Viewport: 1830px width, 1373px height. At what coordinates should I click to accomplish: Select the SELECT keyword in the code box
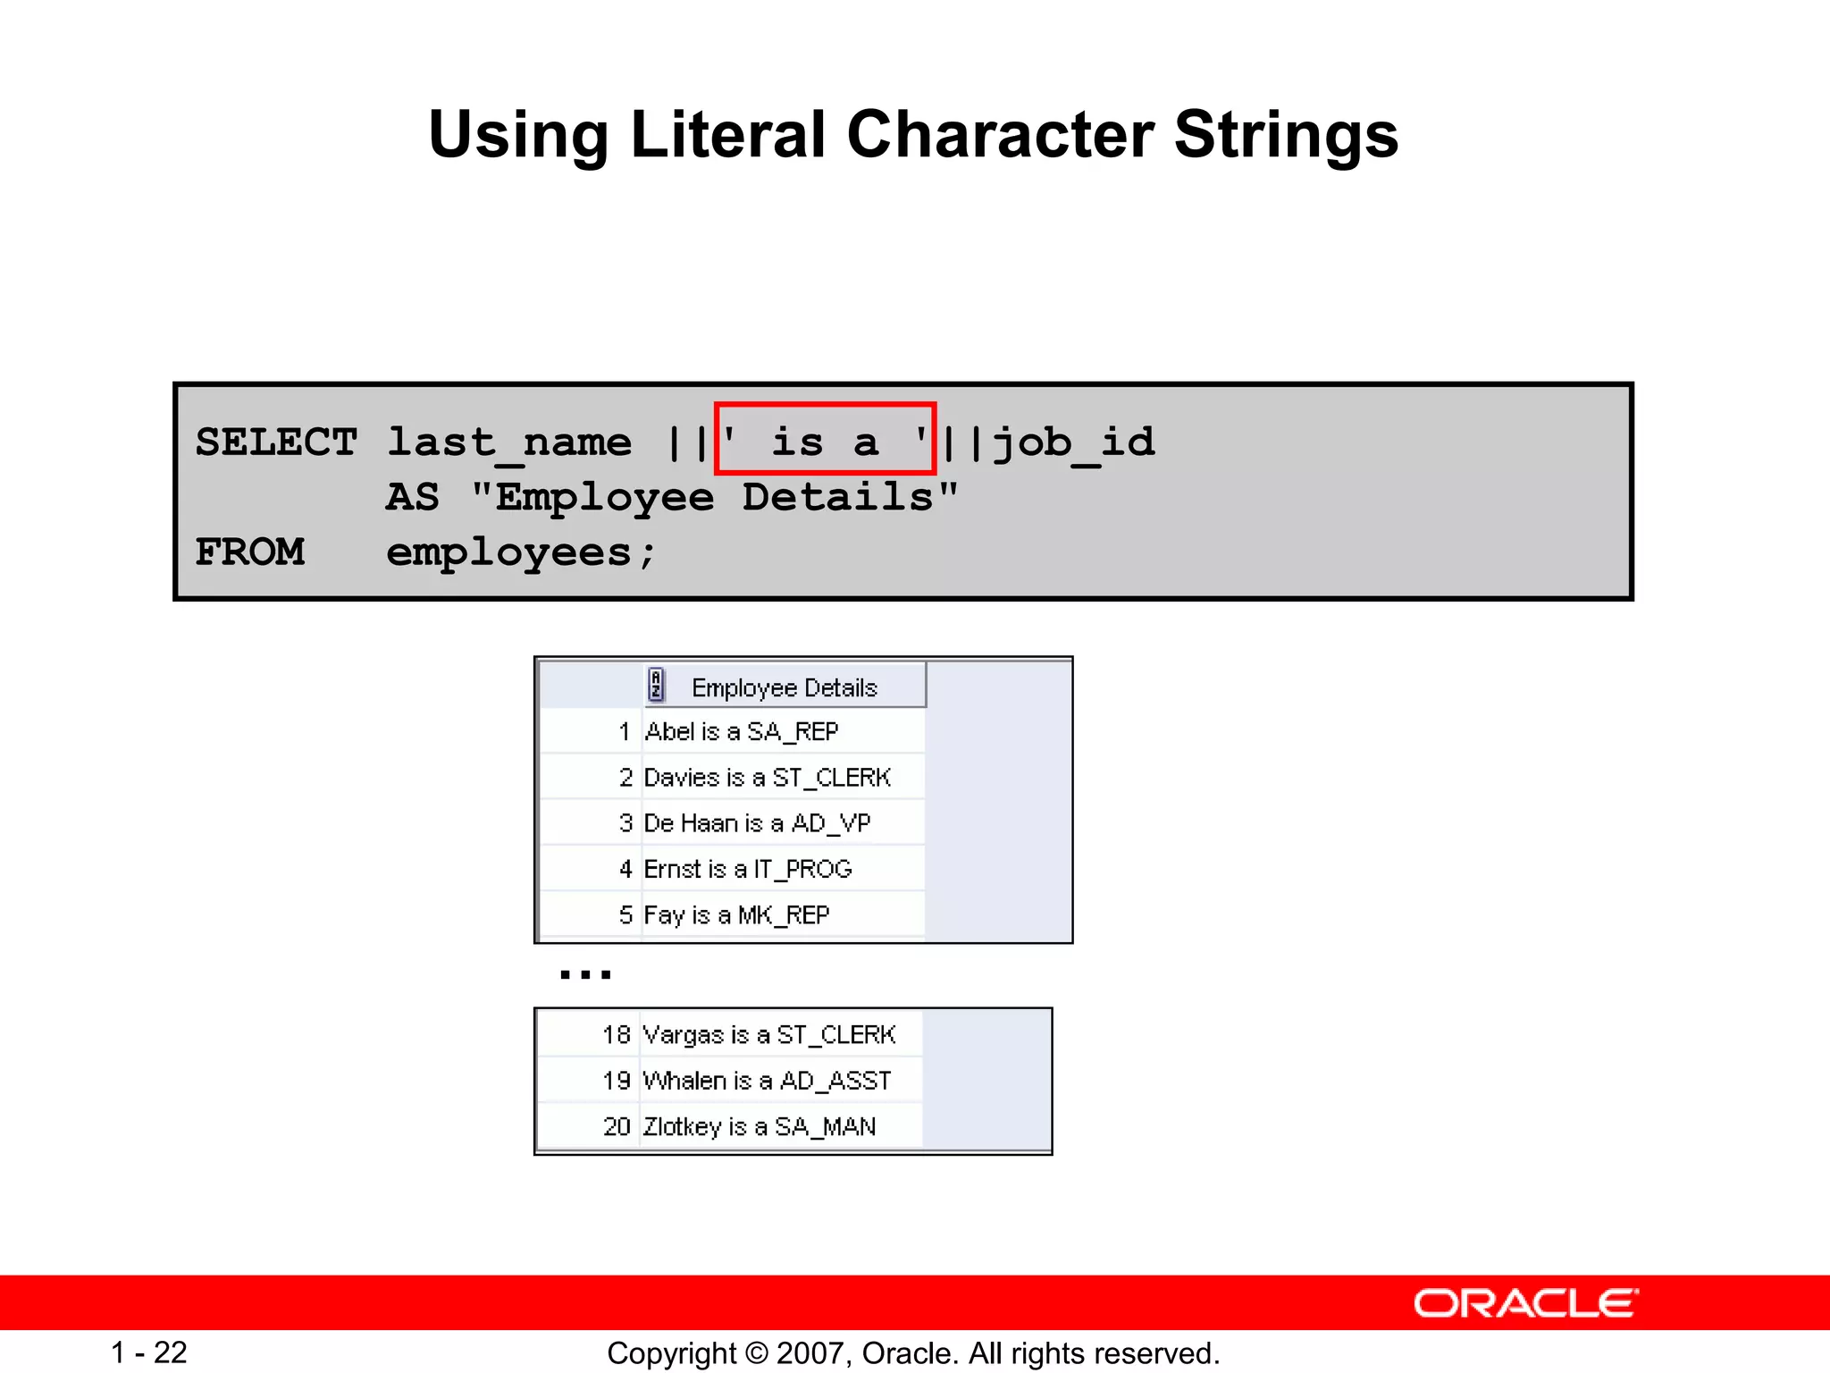pos(276,442)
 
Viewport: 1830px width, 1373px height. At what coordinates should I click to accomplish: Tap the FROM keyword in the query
pos(250,552)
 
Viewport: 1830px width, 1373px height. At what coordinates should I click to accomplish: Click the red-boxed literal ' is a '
pos(825,439)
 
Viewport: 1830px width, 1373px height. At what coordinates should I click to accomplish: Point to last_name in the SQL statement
pos(508,442)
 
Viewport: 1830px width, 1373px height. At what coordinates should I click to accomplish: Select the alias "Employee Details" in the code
pos(715,497)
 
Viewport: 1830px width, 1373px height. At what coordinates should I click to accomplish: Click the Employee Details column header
pos(785,687)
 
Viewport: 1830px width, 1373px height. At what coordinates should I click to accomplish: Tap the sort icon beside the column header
pos(656,686)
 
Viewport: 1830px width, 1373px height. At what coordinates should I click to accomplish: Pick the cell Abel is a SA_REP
pos(742,732)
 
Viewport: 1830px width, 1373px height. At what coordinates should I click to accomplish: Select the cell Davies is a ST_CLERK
pos(767,778)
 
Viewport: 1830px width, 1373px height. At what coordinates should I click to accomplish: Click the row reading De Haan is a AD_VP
pos(757,823)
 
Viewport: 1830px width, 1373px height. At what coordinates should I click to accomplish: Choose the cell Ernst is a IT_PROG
pos(748,869)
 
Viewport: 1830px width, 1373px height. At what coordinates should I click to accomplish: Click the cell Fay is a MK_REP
pos(736,915)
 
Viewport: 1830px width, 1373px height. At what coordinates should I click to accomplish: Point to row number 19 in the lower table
pos(617,1081)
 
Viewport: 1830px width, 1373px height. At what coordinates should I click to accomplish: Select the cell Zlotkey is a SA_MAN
pos(759,1126)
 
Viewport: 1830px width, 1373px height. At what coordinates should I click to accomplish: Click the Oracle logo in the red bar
pos(1525,1303)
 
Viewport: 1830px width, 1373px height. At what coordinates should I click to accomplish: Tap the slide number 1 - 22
pos(149,1352)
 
